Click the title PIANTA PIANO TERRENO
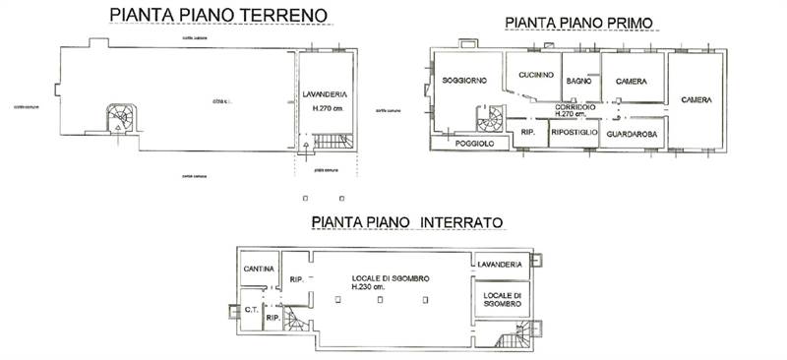(217, 16)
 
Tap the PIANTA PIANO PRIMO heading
(579, 23)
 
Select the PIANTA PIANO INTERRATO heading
(407, 223)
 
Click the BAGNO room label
(579, 82)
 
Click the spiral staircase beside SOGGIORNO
(489, 122)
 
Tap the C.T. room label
(251, 310)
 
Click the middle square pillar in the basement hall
(378, 306)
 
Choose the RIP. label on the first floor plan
(527, 131)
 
